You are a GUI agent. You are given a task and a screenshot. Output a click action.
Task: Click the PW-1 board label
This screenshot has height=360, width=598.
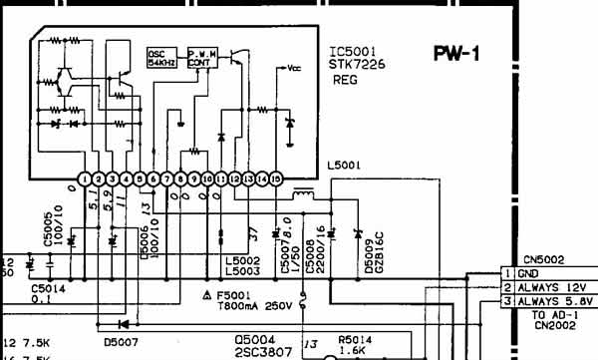(x=456, y=52)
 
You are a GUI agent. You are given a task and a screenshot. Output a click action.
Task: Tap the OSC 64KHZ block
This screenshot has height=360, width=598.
(x=160, y=57)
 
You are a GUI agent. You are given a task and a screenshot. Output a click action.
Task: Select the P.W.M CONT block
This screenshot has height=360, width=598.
(x=200, y=57)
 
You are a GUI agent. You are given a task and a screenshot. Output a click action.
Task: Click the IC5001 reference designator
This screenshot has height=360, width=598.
(x=353, y=52)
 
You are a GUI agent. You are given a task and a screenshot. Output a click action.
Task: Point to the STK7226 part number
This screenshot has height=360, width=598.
(x=356, y=66)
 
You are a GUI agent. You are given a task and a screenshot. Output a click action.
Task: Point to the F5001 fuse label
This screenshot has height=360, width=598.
(x=237, y=295)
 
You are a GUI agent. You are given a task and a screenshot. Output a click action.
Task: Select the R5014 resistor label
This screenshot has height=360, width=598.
(x=354, y=338)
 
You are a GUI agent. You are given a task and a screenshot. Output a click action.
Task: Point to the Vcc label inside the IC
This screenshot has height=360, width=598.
(x=295, y=70)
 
